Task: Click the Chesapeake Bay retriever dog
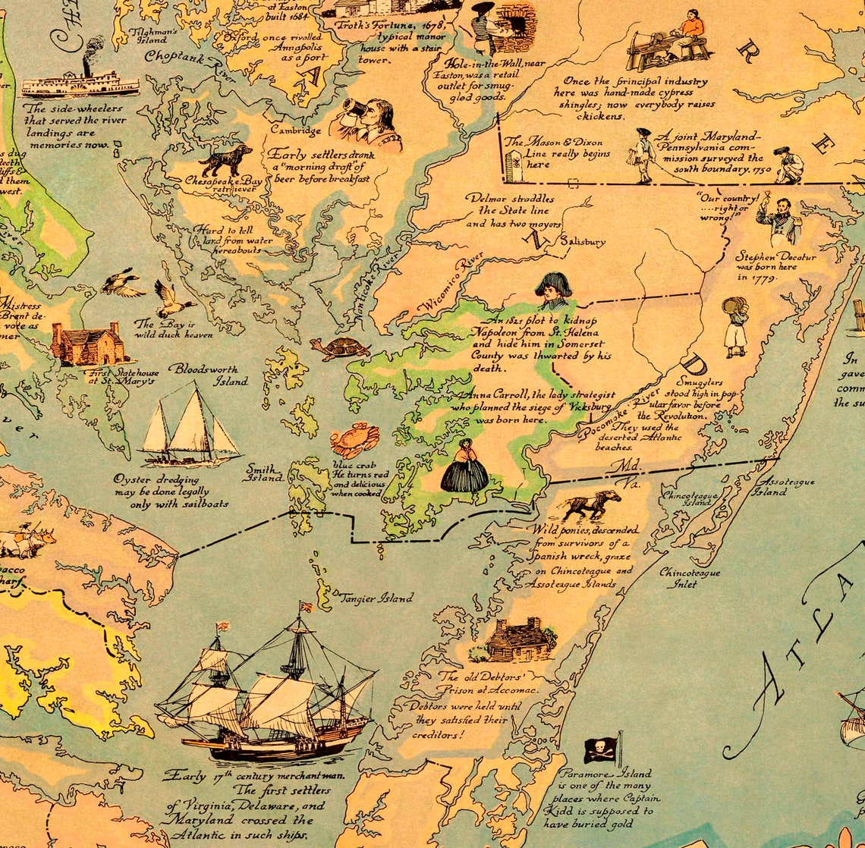(x=226, y=160)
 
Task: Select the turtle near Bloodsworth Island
(x=340, y=348)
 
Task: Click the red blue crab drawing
(x=354, y=440)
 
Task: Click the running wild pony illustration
(x=591, y=504)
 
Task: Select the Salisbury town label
(x=582, y=242)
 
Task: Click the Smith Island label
(x=264, y=473)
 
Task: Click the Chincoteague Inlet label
(x=689, y=578)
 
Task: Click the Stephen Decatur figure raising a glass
(x=775, y=219)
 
